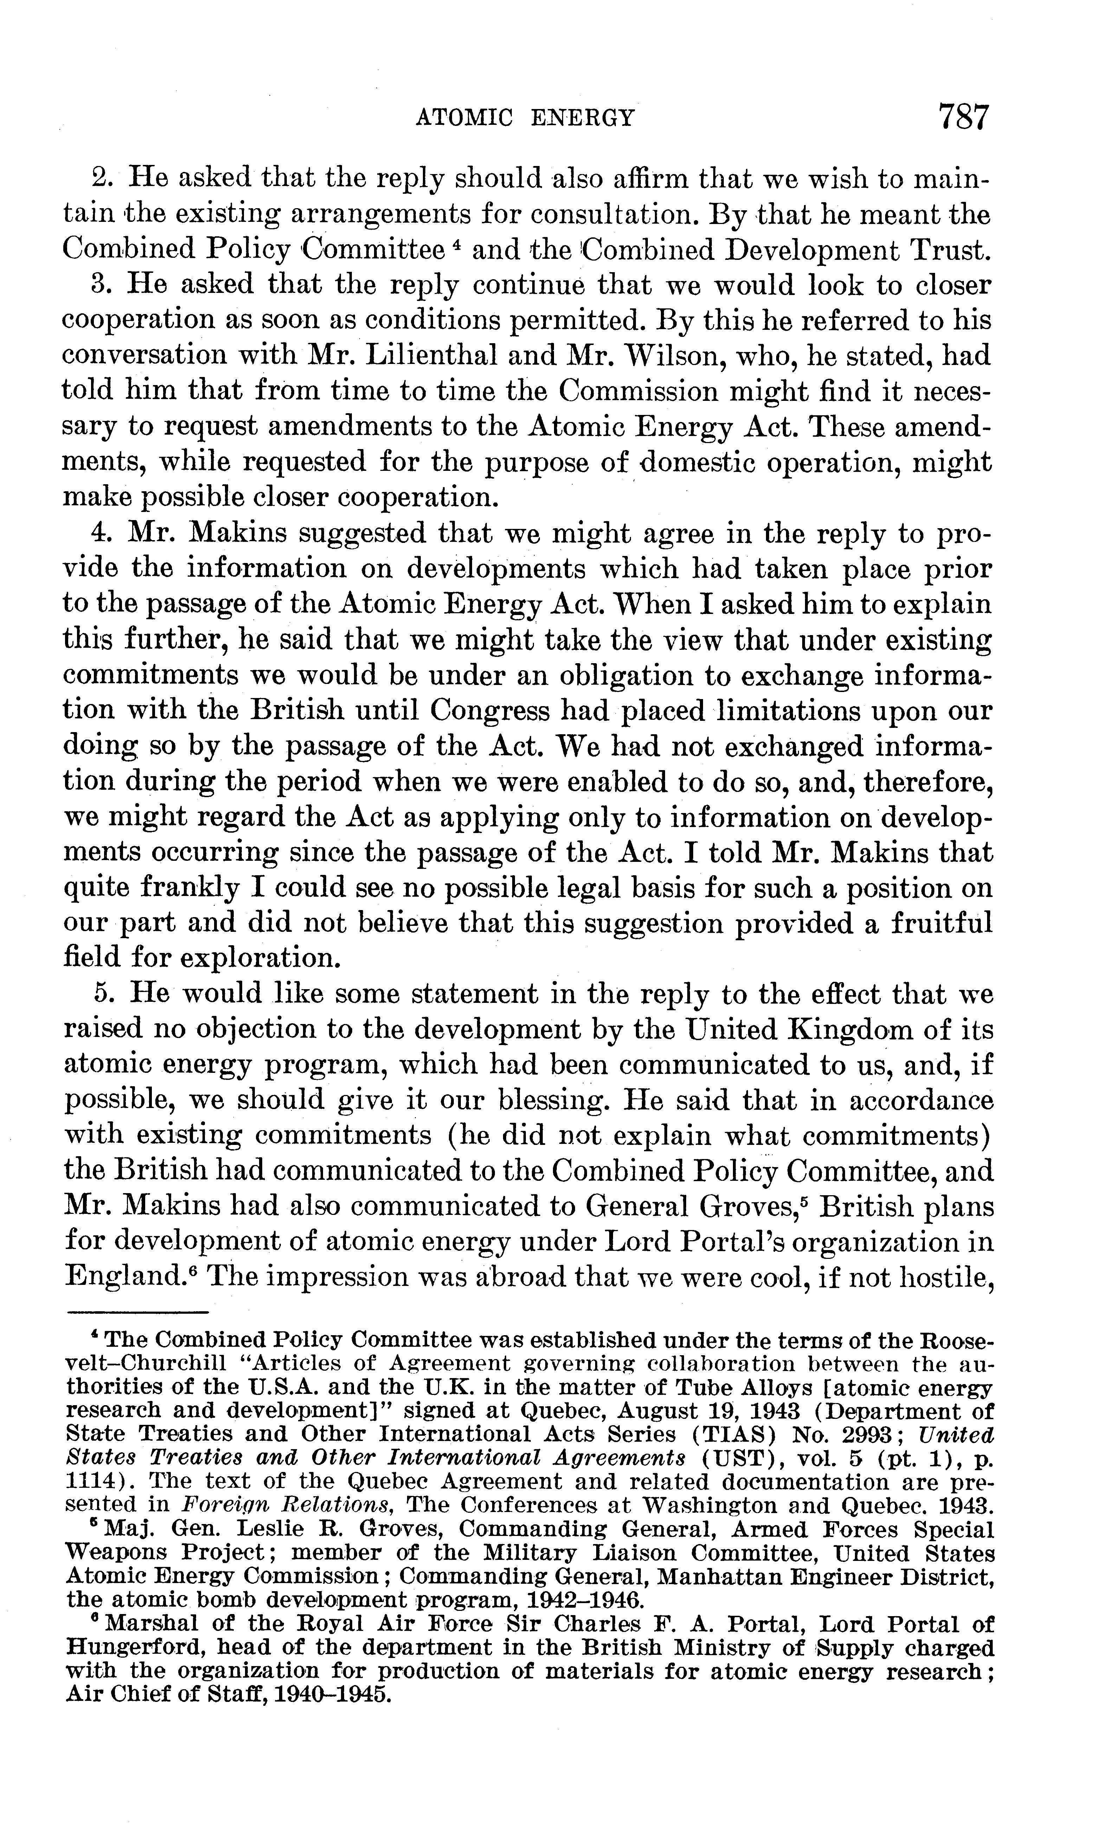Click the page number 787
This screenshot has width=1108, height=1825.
(x=963, y=117)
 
